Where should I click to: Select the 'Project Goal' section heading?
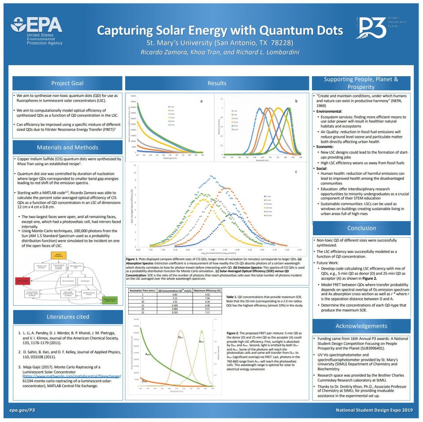coord(67,83)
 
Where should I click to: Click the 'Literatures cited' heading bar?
coord(67,316)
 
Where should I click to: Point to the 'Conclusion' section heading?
coord(361,228)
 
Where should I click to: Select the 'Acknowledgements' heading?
coord(361,326)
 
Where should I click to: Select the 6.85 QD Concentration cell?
coord(171,295)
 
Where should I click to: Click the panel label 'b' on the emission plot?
coord(297,101)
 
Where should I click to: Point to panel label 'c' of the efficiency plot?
coord(296,171)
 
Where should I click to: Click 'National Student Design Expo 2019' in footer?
coord(374,410)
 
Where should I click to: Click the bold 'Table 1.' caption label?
coord(232,297)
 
